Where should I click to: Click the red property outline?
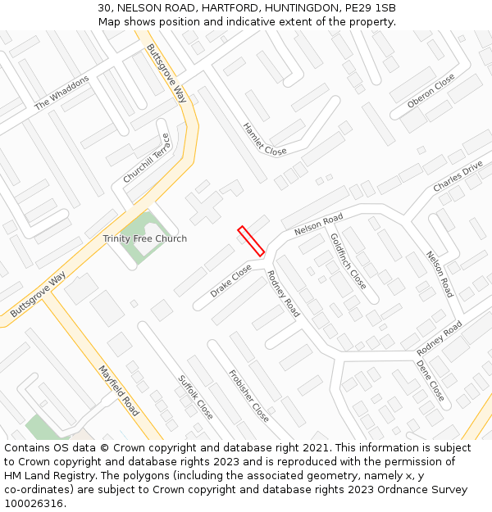[x=251, y=241]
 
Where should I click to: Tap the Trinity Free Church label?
[x=144, y=239]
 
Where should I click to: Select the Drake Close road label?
[x=230, y=280]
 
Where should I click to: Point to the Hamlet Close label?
[x=265, y=139]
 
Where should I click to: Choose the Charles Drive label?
[x=458, y=177]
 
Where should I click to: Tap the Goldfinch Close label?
[x=348, y=261]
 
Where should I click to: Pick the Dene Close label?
[x=430, y=380]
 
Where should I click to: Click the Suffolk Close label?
[x=196, y=397]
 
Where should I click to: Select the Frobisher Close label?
[x=248, y=396]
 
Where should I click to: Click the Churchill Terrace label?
[x=146, y=158]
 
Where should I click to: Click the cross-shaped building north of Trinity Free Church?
[x=204, y=206]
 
